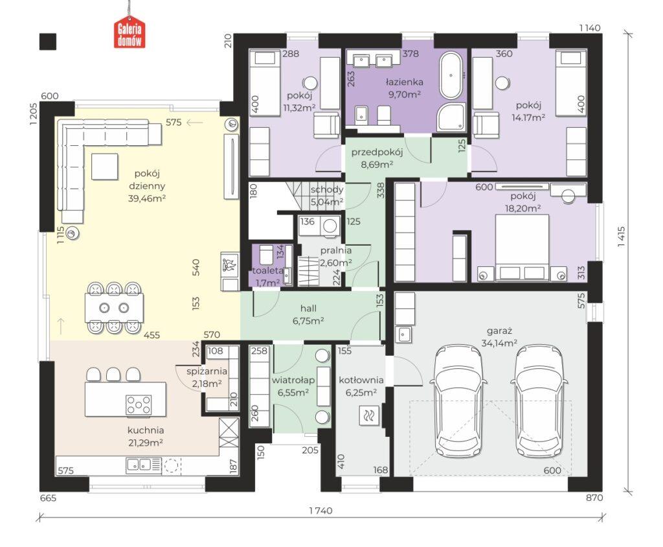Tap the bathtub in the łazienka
pyautogui.click(x=451, y=75)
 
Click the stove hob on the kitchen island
pyautogui.click(x=139, y=404)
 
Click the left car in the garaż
pyautogui.click(x=456, y=401)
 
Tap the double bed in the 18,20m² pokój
pyautogui.click(x=522, y=248)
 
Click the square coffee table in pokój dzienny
pyautogui.click(x=104, y=166)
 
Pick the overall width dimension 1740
pyautogui.click(x=320, y=511)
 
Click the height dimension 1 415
pyautogui.click(x=621, y=237)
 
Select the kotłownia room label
pyautogui.click(x=361, y=380)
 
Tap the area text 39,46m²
pyautogui.click(x=146, y=198)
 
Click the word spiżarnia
pyautogui.click(x=207, y=371)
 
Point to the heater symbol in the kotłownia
pyautogui.click(x=366, y=415)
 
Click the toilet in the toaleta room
pyautogui.click(x=266, y=255)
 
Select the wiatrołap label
pyautogui.click(x=293, y=380)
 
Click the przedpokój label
pyautogui.click(x=377, y=152)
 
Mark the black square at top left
pyautogui.click(x=48, y=41)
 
